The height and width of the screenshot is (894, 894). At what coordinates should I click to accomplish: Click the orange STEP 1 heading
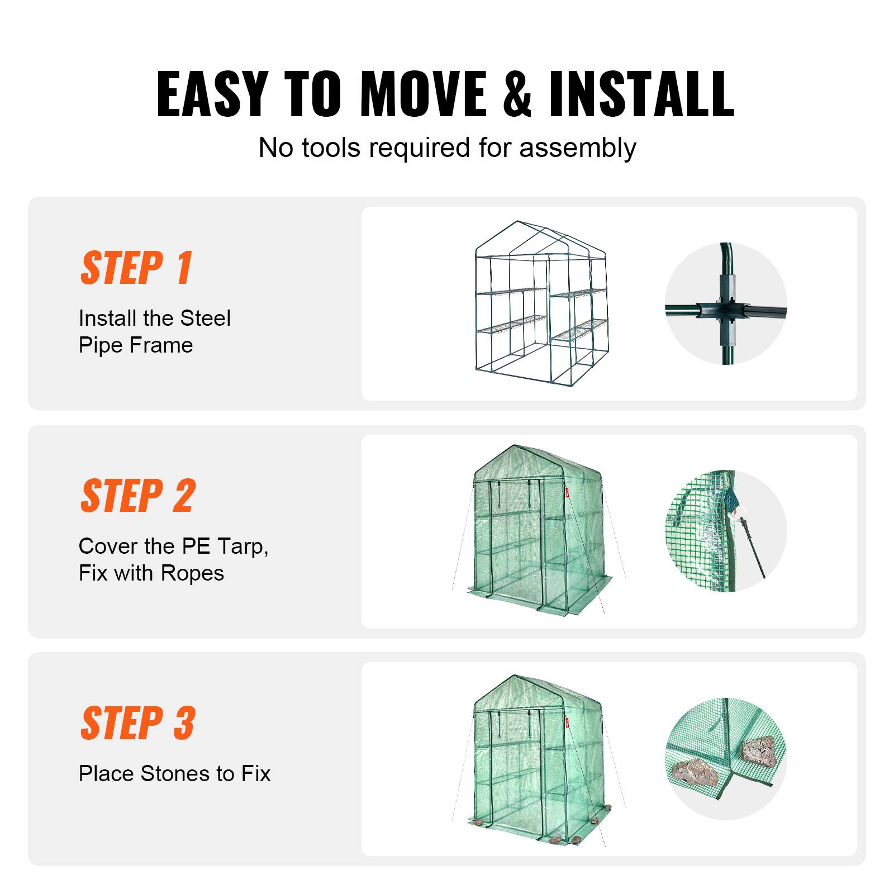137,268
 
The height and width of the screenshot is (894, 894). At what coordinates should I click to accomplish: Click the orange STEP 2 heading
138,496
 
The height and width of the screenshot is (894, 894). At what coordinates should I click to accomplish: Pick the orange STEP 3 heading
138,723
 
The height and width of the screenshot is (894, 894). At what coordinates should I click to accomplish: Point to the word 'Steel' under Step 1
205,318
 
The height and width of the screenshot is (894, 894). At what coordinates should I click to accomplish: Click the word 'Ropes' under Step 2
192,573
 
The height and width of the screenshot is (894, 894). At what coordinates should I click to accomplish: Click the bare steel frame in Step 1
541,313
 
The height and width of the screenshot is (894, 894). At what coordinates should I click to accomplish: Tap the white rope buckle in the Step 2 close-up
741,510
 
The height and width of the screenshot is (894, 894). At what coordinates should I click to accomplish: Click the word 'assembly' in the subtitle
578,148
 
